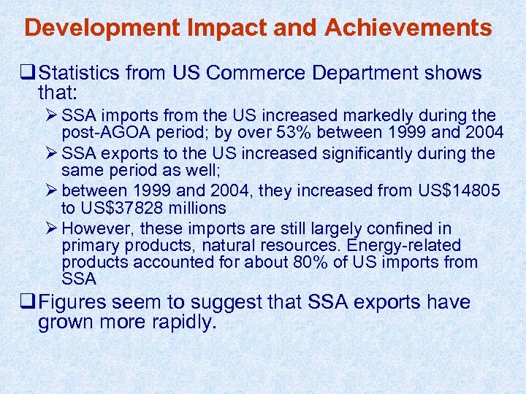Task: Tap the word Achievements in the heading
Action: [x=408, y=28]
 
